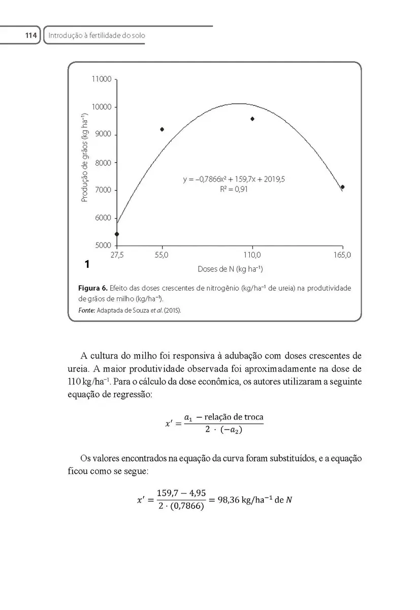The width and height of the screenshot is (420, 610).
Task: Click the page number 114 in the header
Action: (31, 35)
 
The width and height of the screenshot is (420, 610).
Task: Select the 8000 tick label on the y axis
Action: (103, 163)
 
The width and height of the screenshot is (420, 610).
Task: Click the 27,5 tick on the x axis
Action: (117, 255)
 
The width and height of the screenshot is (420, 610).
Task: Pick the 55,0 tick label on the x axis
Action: (161, 255)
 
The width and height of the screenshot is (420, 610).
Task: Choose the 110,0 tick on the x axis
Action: (252, 255)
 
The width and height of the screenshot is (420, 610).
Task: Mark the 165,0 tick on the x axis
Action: (343, 255)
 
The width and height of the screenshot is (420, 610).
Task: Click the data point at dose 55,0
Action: (162, 129)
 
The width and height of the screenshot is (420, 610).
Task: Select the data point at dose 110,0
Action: (252, 118)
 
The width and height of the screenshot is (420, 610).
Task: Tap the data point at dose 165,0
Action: (343, 187)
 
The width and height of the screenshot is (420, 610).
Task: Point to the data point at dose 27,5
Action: (117, 234)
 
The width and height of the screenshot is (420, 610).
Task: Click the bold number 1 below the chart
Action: (87, 264)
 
